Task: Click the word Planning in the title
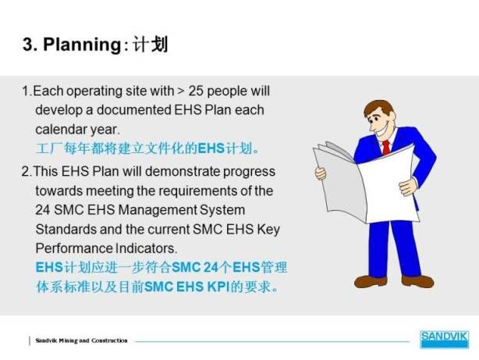coord(82,45)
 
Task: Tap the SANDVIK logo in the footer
coord(444,339)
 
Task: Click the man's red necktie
coord(386,148)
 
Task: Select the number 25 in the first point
coord(196,91)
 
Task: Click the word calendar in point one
coord(62,129)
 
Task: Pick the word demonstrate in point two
coord(183,171)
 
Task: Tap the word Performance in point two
coord(74,248)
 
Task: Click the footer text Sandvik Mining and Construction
coord(81,340)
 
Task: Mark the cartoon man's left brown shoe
coord(371,281)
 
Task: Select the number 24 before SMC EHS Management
coord(43,210)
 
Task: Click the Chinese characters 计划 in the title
coord(150,45)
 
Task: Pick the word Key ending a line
coord(268,230)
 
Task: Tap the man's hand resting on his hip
coord(408,187)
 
